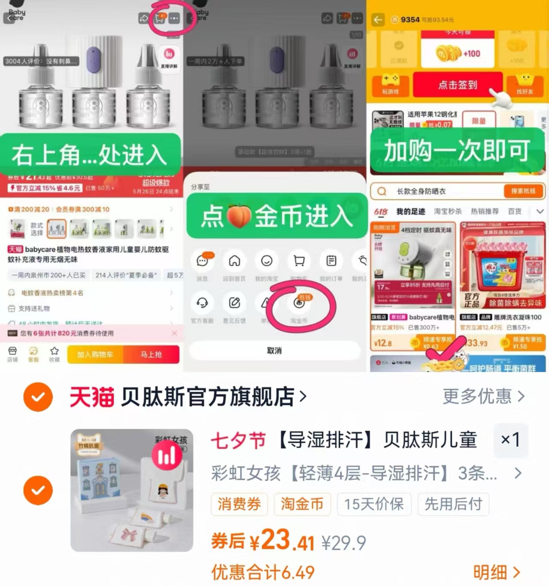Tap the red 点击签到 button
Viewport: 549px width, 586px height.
[x=457, y=85]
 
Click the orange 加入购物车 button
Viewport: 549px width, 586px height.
[x=95, y=355]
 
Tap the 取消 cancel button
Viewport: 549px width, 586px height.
[x=274, y=351]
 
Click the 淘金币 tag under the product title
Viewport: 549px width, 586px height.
[x=302, y=504]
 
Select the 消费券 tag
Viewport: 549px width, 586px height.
[x=239, y=504]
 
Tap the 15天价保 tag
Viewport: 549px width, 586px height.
[x=374, y=504]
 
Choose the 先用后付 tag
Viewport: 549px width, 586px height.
[x=453, y=504]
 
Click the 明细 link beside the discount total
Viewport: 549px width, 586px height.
[x=496, y=572]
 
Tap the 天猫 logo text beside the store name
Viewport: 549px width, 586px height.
[x=92, y=397]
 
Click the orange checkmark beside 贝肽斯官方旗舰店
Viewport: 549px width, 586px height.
[x=38, y=397]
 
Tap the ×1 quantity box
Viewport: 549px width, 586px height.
[x=510, y=439]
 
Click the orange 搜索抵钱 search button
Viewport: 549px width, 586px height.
[x=523, y=191]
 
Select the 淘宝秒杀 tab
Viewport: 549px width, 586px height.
[x=448, y=211]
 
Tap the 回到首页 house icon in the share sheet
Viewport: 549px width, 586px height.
[x=234, y=261]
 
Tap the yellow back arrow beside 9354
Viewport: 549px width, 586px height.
[x=378, y=20]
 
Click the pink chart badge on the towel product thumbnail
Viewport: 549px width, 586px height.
[x=166, y=456]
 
